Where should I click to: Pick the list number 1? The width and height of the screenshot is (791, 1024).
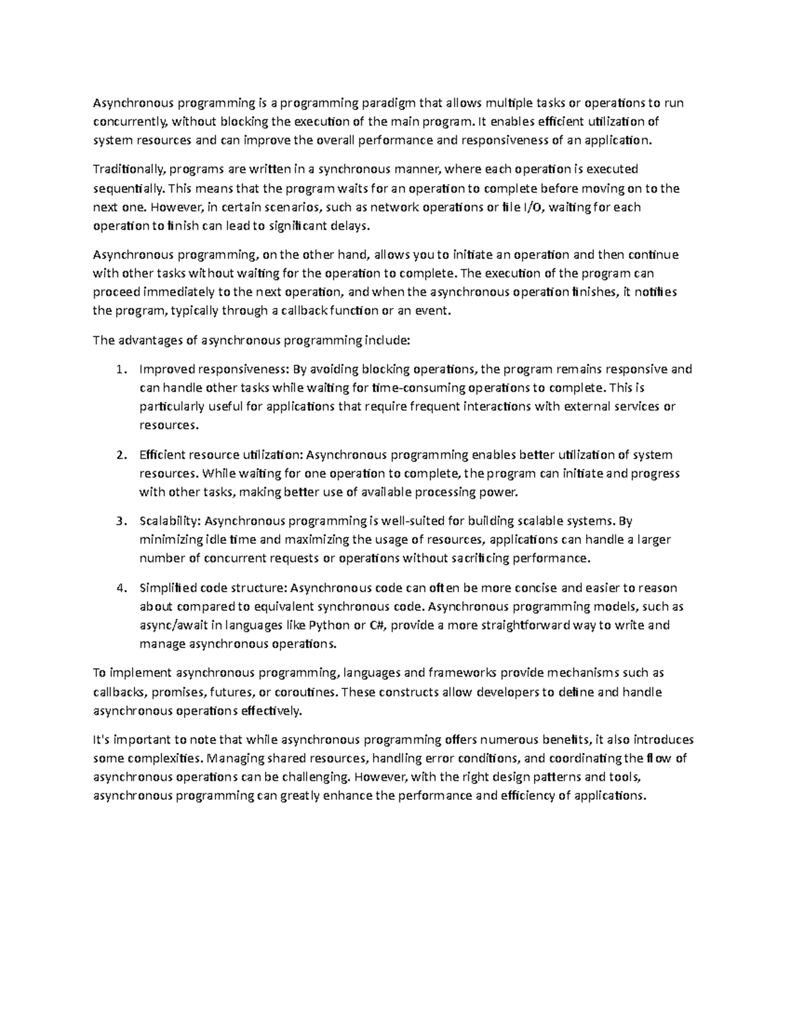(119, 369)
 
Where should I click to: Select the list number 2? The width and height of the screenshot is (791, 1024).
(119, 455)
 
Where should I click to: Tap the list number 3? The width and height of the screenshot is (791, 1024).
(119, 522)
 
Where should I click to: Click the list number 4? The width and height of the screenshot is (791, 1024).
(119, 588)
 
